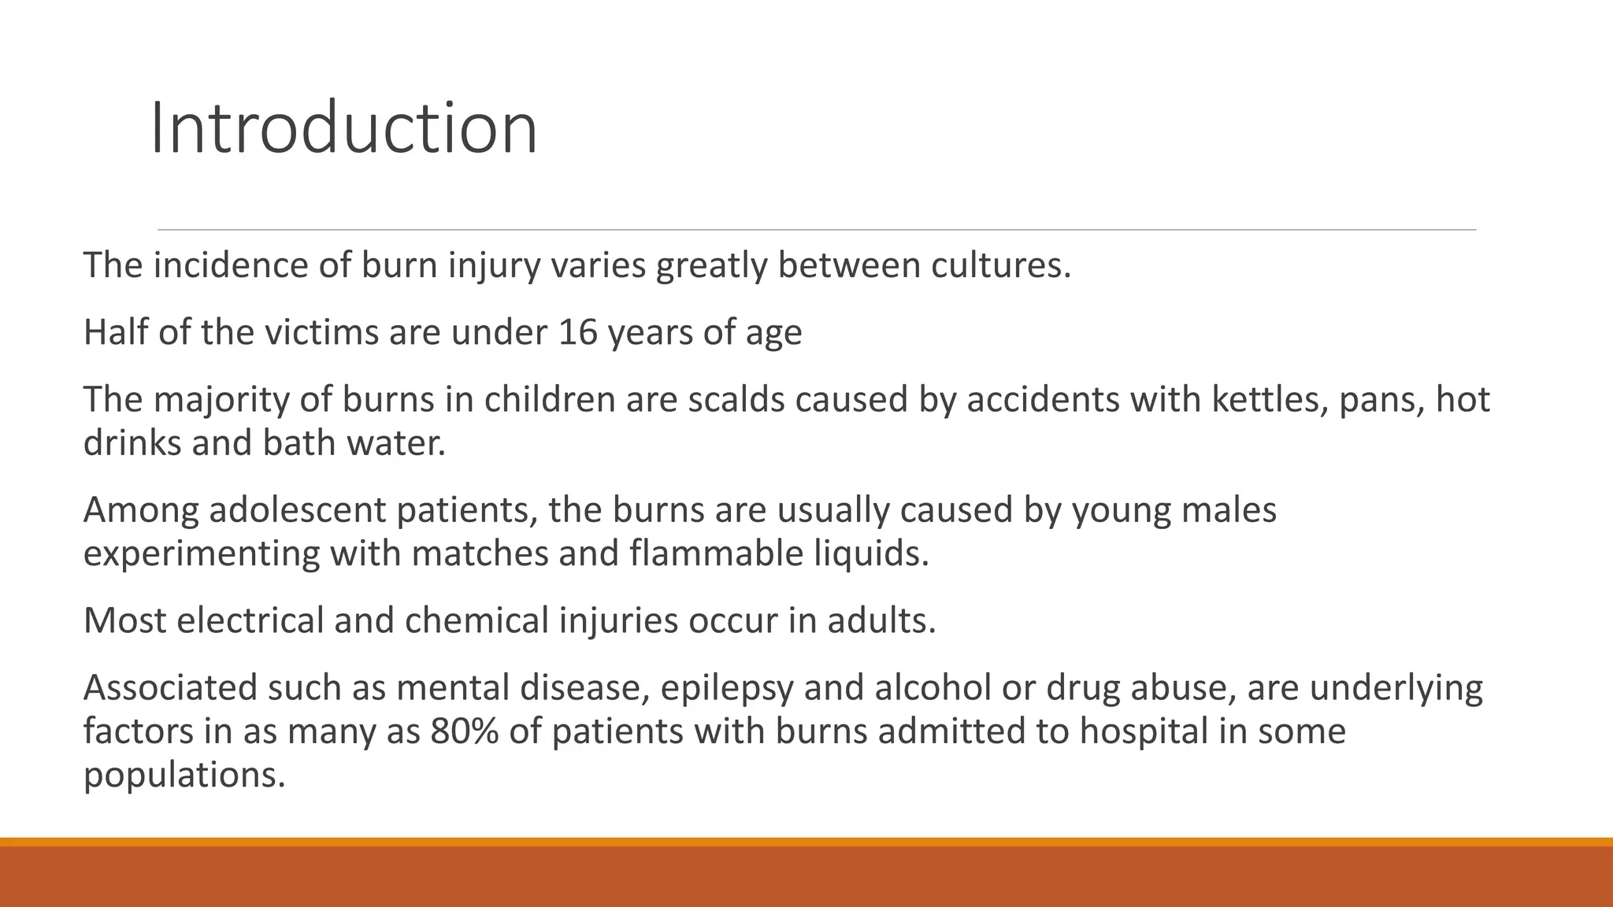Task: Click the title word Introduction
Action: (x=343, y=128)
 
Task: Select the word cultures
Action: (x=1000, y=265)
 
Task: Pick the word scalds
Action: (x=736, y=399)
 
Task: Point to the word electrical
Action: (x=249, y=620)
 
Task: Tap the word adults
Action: (x=881, y=620)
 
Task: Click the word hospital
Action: (x=1143, y=731)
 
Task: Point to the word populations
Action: (x=184, y=776)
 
